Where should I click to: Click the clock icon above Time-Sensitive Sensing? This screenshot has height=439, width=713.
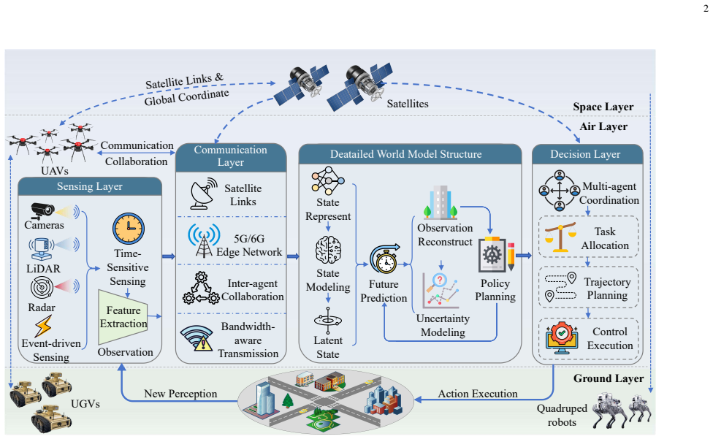pos(129,229)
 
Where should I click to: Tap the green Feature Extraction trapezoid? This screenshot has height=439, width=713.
pos(123,317)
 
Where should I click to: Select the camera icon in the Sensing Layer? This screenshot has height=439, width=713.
pos(43,210)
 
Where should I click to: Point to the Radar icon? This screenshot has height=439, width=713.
pos(42,288)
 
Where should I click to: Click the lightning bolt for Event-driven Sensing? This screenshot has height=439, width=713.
pos(43,327)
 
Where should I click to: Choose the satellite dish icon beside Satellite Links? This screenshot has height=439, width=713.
pos(204,194)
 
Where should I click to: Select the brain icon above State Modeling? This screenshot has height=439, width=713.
pos(328,250)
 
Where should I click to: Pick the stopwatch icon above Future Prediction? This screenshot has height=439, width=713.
pos(385,259)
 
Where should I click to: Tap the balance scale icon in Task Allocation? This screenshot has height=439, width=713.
pos(560,237)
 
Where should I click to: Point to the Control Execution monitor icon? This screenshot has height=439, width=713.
pos(562,338)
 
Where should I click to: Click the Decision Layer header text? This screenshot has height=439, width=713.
pos(585,155)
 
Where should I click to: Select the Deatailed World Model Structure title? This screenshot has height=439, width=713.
pos(405,155)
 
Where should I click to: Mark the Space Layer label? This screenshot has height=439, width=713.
pos(603,107)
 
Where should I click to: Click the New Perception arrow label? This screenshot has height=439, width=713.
pos(180,394)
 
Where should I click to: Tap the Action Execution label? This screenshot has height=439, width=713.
pos(478,394)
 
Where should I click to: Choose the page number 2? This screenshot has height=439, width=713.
pos(706,9)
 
